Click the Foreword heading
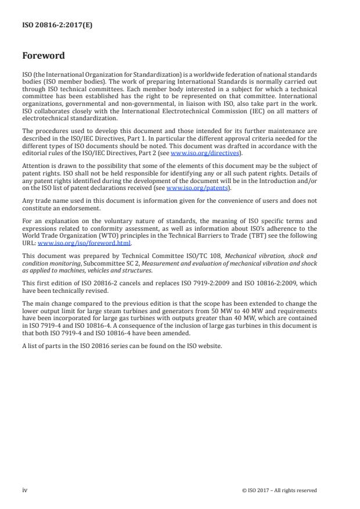point(44,56)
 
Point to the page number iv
point(25,490)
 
